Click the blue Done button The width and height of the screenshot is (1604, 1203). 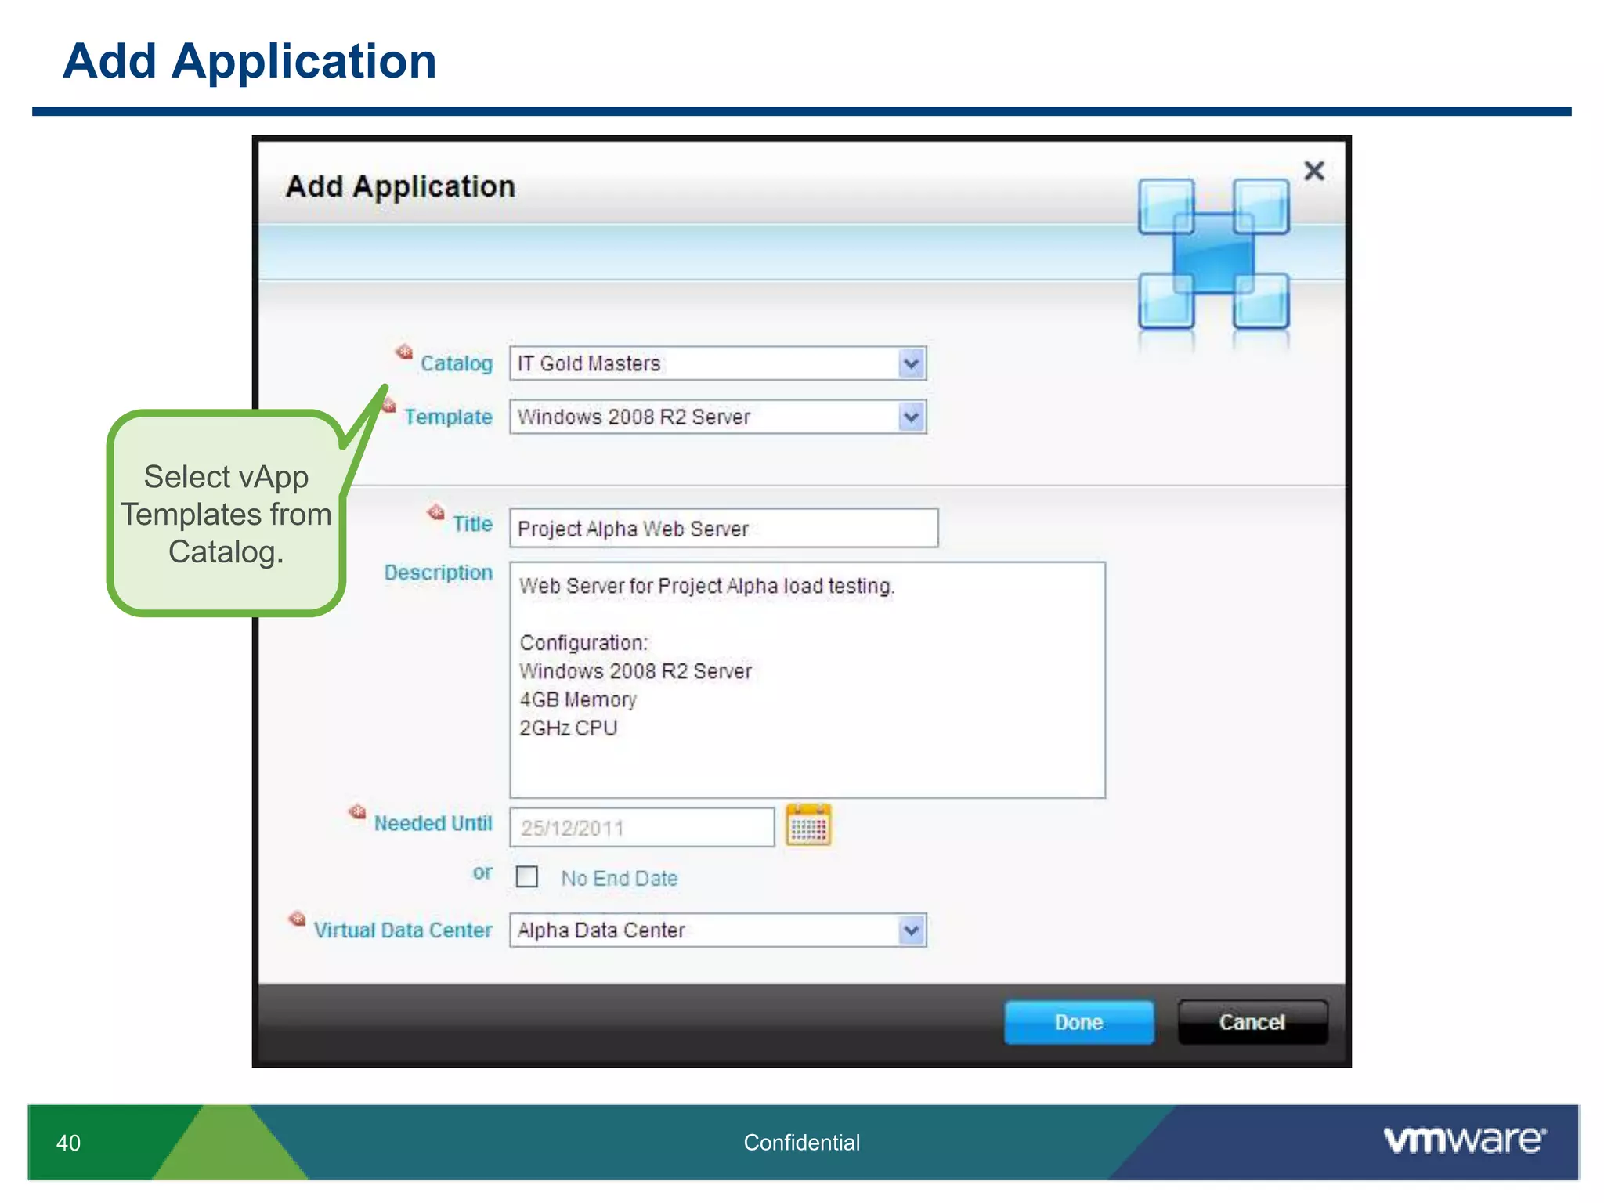click(x=1078, y=1022)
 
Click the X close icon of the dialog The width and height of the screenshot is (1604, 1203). click(x=1313, y=171)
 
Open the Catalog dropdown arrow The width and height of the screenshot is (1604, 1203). click(x=911, y=363)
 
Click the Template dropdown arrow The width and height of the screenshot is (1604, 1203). click(x=911, y=417)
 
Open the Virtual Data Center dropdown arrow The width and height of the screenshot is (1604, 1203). click(x=911, y=930)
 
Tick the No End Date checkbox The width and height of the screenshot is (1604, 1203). click(x=527, y=876)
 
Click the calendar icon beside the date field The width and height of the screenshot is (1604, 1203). click(x=808, y=826)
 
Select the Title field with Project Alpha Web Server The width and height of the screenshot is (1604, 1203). click(x=723, y=529)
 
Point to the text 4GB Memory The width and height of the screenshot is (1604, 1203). click(x=578, y=699)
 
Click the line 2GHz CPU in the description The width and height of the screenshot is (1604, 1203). click(x=569, y=728)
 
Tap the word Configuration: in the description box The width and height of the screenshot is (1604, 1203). click(x=584, y=643)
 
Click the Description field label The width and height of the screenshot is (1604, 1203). click(x=438, y=573)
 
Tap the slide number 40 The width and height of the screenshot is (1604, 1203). click(x=68, y=1143)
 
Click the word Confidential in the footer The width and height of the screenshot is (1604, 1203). click(x=801, y=1143)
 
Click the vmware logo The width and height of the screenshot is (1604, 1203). click(x=1465, y=1140)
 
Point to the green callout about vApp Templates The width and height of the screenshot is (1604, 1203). click(x=226, y=514)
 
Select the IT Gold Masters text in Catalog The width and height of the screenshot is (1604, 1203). click(x=589, y=363)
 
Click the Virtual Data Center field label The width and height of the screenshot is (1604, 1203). click(x=403, y=930)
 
